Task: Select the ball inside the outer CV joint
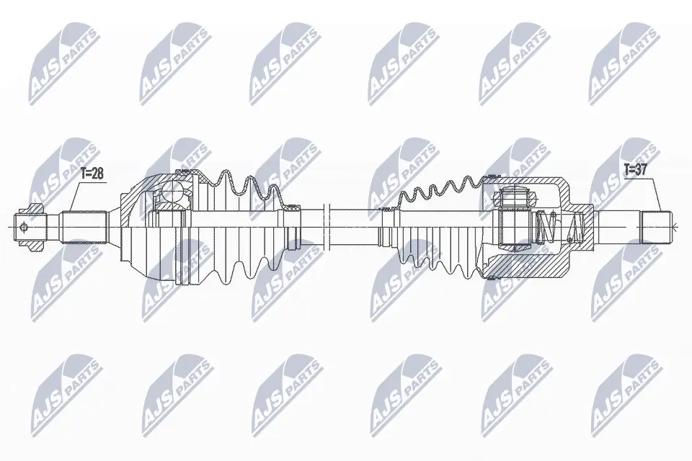pyautogui.click(x=173, y=192)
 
